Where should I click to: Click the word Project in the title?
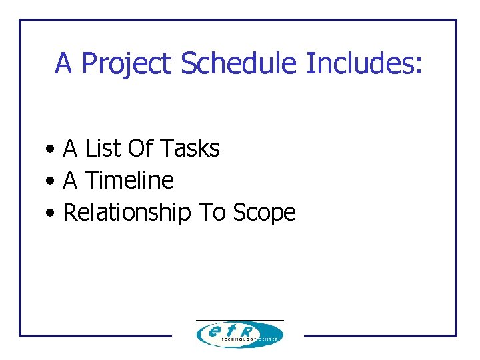(128, 64)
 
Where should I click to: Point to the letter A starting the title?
(63, 63)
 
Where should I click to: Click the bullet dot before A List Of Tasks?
(51, 149)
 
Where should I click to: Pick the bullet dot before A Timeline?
(51, 181)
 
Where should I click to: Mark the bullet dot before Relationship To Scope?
(51, 213)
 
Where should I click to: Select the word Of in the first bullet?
(139, 148)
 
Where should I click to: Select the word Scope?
(264, 213)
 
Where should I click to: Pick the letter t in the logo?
(231, 331)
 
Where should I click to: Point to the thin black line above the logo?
(239, 320)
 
